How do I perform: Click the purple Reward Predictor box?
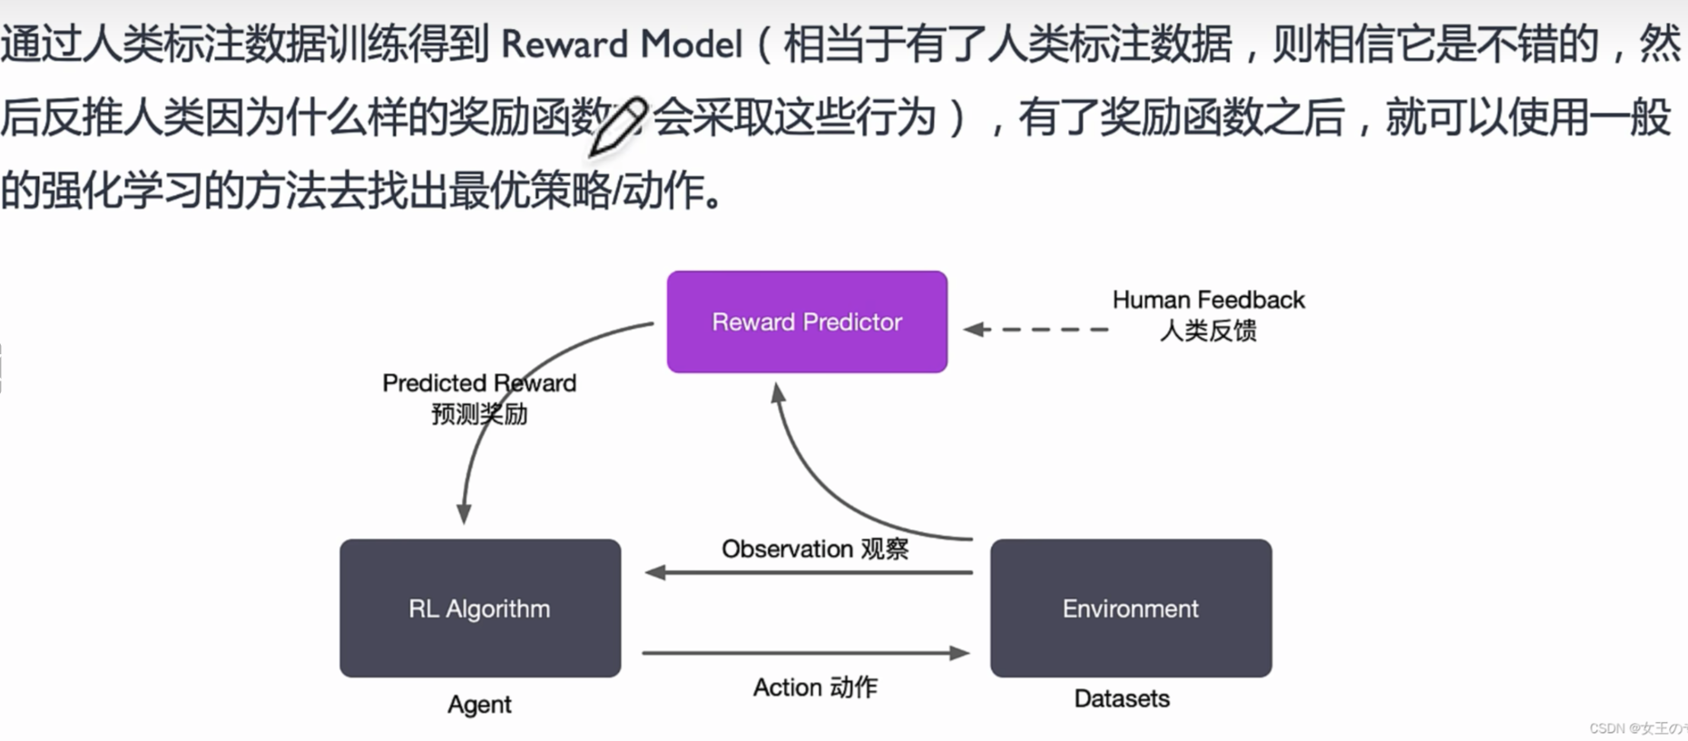[807, 321]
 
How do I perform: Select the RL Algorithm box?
[480, 608]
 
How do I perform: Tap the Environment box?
[1131, 608]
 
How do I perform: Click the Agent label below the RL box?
[479, 705]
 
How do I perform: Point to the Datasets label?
[1122, 698]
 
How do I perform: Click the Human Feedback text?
[1208, 300]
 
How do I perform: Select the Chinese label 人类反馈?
[1208, 331]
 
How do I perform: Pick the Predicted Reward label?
[479, 383]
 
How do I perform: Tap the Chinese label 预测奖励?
[479, 414]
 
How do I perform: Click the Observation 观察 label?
[815, 548]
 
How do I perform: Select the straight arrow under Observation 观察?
[808, 572]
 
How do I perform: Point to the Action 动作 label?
[815, 687]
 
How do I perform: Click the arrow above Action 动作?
[806, 652]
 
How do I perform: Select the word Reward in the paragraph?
[564, 44]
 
